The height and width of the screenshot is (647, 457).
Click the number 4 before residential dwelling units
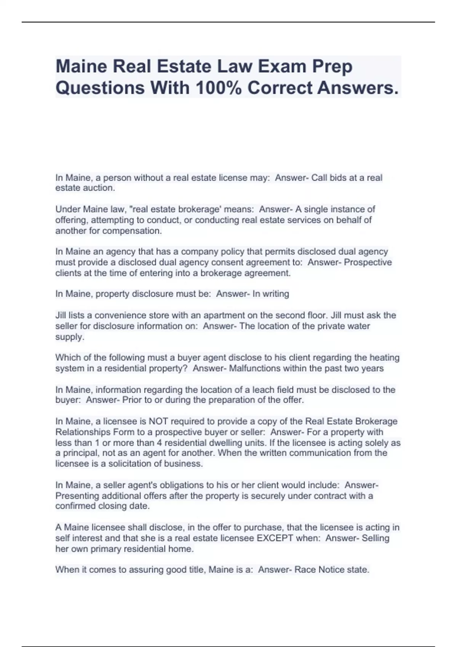(160, 443)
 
